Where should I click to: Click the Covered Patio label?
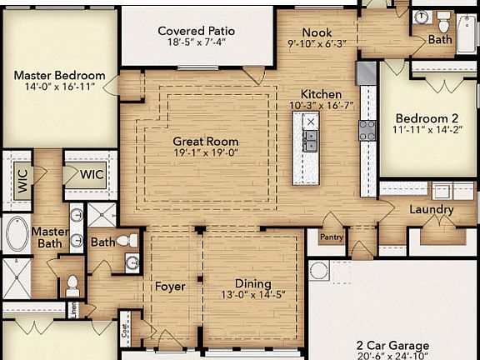click(197, 31)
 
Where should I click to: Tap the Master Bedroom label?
click(59, 74)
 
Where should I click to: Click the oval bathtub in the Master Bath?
click(17, 234)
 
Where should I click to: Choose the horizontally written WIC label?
click(91, 174)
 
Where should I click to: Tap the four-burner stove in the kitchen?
click(366, 130)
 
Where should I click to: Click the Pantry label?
click(331, 236)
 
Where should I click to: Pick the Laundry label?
click(431, 208)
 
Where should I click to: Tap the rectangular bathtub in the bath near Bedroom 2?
click(466, 33)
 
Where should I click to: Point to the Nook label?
click(317, 32)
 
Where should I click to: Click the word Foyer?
click(170, 287)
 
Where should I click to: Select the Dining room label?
click(252, 283)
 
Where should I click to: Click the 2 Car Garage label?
click(392, 345)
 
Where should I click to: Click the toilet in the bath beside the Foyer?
click(127, 240)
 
